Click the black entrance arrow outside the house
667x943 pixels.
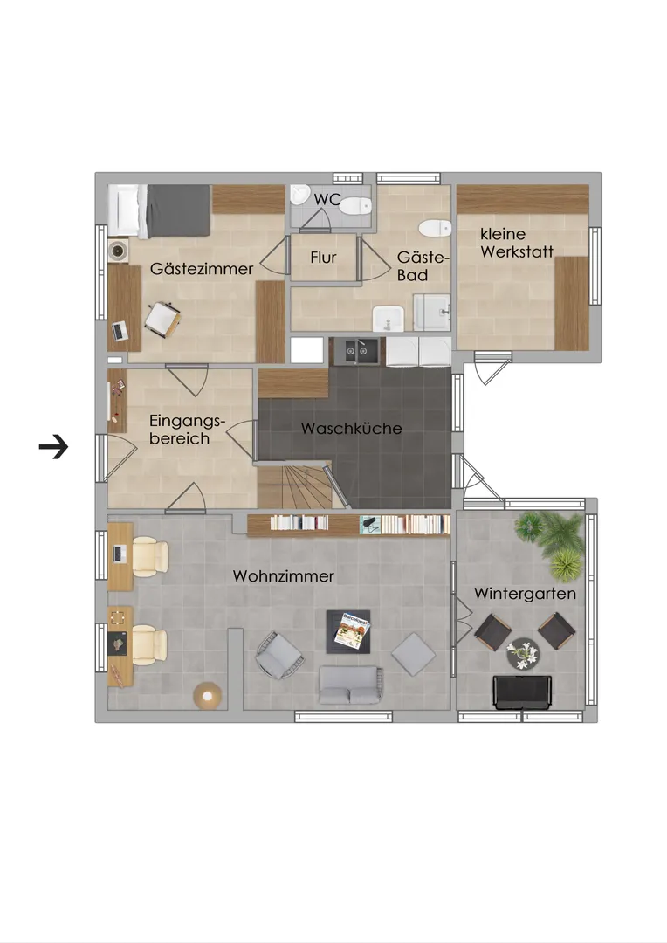[x=53, y=447]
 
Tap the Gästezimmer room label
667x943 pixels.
[x=202, y=269]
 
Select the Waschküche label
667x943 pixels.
[x=351, y=428]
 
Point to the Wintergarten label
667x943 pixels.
[x=525, y=594]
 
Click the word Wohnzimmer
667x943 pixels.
[x=283, y=576]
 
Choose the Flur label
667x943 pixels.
[x=323, y=258]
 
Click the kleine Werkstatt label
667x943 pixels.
[x=517, y=243]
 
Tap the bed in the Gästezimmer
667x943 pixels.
[x=159, y=210]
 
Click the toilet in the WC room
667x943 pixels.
[x=355, y=206]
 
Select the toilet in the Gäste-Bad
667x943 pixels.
[x=435, y=229]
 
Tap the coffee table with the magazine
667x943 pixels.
[x=348, y=631]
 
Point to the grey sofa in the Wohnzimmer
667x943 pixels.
[x=351, y=685]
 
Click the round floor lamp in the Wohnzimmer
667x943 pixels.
[x=208, y=696]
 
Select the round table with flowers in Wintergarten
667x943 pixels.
[x=523, y=654]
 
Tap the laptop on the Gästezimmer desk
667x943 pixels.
[x=120, y=332]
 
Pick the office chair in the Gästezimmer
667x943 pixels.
[x=162, y=319]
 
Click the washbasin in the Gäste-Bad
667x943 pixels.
[x=388, y=319]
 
